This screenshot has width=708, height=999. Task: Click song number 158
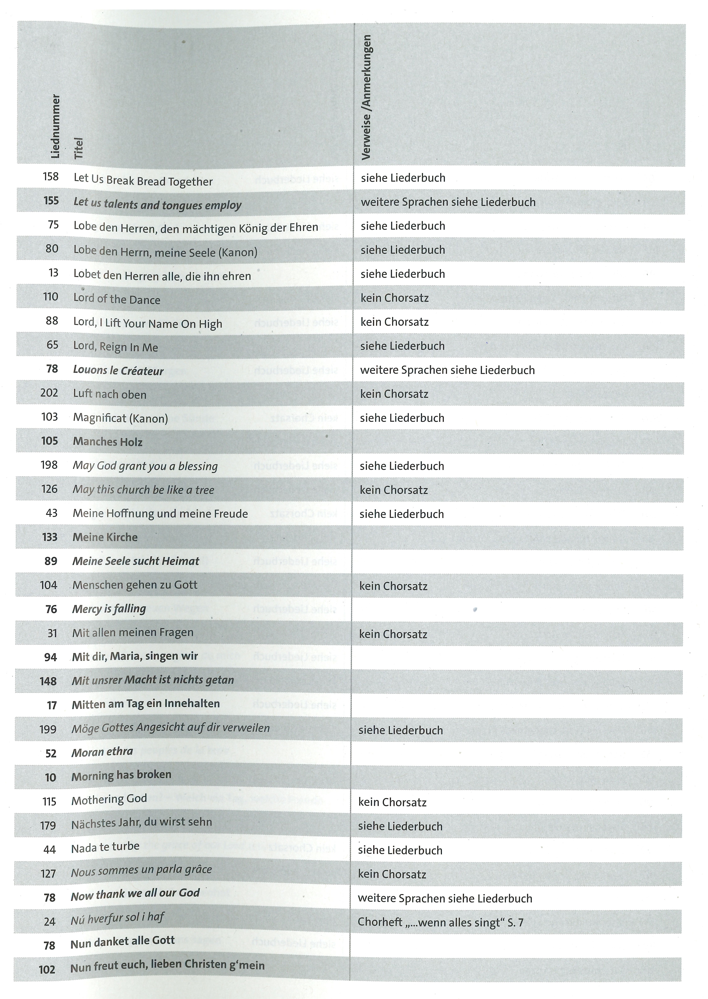click(51, 177)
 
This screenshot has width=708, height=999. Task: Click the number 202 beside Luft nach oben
click(49, 393)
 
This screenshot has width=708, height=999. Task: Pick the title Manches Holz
click(108, 442)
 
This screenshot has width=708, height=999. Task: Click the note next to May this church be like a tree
click(394, 490)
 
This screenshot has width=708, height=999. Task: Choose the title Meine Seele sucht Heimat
click(136, 561)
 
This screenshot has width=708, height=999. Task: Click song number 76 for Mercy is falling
click(51, 609)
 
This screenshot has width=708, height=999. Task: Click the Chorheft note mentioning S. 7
click(440, 922)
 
